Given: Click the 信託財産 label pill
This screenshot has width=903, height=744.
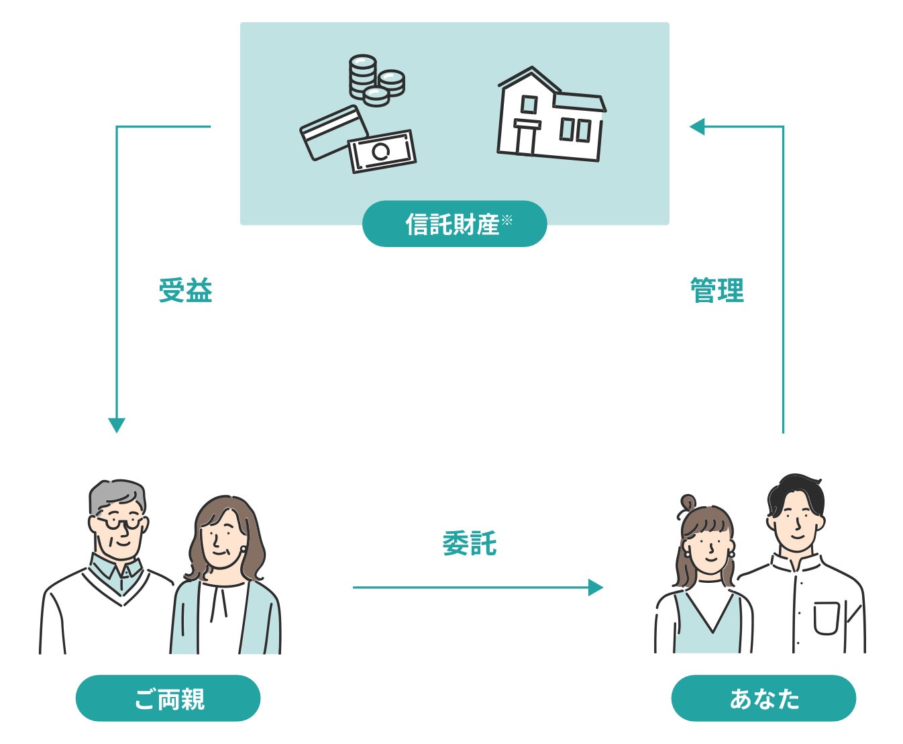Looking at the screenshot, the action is tap(454, 224).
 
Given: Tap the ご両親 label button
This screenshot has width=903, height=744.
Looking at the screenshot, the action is tap(168, 698).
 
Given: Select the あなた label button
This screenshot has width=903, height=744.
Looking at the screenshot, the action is tap(763, 698).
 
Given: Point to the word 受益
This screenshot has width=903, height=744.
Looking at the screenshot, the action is tap(185, 291).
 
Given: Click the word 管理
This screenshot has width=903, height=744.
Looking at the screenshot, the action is tap(717, 291).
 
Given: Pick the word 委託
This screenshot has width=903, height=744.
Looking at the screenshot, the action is tap(469, 543).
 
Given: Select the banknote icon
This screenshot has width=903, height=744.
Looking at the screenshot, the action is tap(382, 151).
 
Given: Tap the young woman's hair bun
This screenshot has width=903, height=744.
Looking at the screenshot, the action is tap(688, 502).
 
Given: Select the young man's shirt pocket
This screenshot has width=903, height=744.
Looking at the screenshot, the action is tap(826, 618).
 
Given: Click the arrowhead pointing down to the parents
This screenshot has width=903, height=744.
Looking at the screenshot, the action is tap(117, 426).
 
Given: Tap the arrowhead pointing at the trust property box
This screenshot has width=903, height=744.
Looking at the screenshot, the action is tap(698, 126).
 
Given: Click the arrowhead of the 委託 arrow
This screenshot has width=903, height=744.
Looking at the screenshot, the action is tap(595, 588).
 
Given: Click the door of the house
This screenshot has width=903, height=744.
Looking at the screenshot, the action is tap(525, 139).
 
